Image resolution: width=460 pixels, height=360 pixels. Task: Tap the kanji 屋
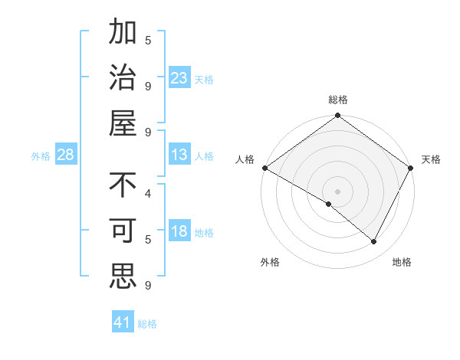[x=123, y=123]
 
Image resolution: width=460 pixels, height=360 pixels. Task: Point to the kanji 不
[x=123, y=186]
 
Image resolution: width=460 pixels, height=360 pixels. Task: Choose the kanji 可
[x=123, y=231]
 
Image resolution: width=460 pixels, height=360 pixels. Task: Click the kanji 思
[x=123, y=275]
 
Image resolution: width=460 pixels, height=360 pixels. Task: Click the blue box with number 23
[x=179, y=77]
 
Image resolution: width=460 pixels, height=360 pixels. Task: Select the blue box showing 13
[x=179, y=155]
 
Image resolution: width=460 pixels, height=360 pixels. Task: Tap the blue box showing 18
[x=179, y=232]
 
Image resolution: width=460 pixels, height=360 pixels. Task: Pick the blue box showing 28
[x=65, y=155]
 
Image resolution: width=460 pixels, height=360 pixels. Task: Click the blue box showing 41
[x=123, y=322]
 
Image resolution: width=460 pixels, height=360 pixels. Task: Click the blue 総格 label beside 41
[x=147, y=324]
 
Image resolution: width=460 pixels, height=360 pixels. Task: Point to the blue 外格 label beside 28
[x=41, y=156]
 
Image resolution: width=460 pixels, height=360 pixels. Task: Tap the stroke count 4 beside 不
[x=148, y=194]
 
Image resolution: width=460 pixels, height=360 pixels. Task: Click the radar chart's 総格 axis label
[x=337, y=100]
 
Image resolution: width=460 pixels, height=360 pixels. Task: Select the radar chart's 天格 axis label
[x=431, y=159]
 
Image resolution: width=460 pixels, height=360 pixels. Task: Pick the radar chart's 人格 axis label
[x=245, y=159]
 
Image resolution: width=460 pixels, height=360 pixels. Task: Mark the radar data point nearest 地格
[x=374, y=242]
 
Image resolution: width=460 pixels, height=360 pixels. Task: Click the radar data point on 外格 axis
[x=329, y=204]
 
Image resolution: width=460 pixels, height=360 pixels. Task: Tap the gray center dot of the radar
[x=337, y=191]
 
